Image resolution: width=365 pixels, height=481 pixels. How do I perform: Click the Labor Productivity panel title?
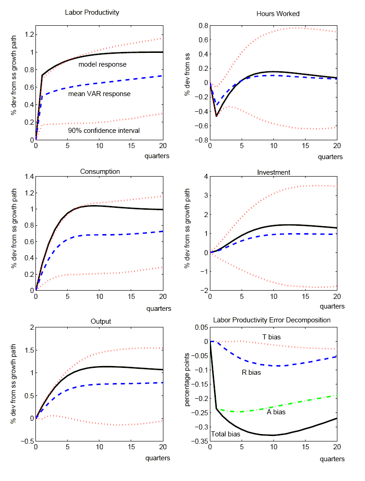(x=92, y=12)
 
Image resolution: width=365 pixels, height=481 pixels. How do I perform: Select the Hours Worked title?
(x=278, y=14)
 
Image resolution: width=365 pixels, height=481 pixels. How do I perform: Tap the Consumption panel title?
(x=100, y=172)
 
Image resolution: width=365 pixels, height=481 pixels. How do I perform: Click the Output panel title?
(x=101, y=321)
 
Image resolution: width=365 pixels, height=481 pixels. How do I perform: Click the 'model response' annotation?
(x=102, y=64)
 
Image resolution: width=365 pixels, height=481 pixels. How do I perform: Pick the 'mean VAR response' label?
(x=99, y=94)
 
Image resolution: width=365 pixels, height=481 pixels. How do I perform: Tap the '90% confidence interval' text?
(x=103, y=131)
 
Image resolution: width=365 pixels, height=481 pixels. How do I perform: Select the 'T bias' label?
(x=272, y=337)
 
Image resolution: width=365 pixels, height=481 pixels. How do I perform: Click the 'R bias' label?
(x=251, y=372)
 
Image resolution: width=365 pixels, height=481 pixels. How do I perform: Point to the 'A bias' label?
(x=276, y=412)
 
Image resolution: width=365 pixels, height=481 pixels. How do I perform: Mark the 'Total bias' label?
(x=226, y=434)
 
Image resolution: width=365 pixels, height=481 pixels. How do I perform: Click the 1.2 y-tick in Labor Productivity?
(x=28, y=34)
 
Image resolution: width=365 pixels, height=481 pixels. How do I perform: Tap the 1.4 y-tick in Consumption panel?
(x=28, y=177)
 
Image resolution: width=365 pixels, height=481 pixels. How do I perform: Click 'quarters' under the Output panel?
(x=158, y=458)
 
